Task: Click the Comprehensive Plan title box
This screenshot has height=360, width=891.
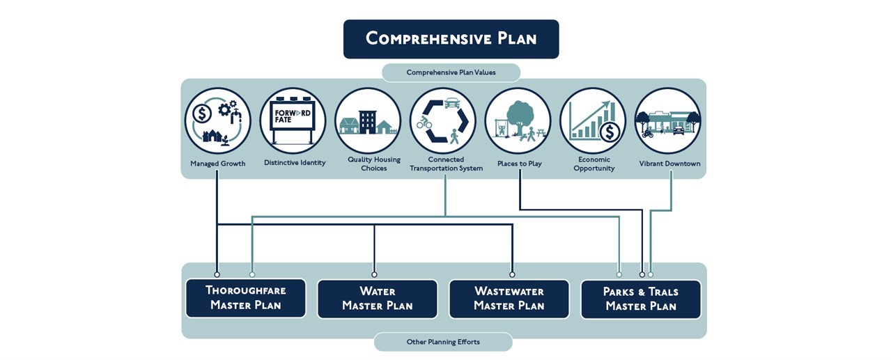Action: pyautogui.click(x=451, y=39)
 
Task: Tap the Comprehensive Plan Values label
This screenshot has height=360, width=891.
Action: pyautogui.click(x=451, y=72)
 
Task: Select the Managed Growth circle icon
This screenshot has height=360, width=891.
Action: pyautogui.click(x=217, y=120)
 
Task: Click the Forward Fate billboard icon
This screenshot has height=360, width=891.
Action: pyautogui.click(x=293, y=120)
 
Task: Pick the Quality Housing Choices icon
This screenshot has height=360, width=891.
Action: pyautogui.click(x=368, y=120)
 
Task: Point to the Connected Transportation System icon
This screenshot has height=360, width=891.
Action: pyautogui.click(x=443, y=120)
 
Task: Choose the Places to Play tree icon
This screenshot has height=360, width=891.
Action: pyautogui.click(x=518, y=120)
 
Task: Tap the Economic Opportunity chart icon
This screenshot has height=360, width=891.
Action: pyautogui.click(x=593, y=120)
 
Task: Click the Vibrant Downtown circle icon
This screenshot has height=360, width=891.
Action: pyautogui.click(x=668, y=120)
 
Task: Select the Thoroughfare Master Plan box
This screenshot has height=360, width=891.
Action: pyautogui.click(x=245, y=298)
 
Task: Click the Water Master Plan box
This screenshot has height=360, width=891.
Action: pyautogui.click(x=377, y=299)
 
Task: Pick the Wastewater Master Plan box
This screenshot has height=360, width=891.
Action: pyautogui.click(x=509, y=299)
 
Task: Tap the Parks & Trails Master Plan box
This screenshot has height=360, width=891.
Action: pyautogui.click(x=640, y=299)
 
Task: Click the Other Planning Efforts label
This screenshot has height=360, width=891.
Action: pyautogui.click(x=443, y=342)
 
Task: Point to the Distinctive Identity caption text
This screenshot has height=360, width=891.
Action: pyautogui.click(x=295, y=163)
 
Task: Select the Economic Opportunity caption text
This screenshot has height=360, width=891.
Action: pyautogui.click(x=594, y=164)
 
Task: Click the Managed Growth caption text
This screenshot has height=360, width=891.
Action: pyautogui.click(x=217, y=164)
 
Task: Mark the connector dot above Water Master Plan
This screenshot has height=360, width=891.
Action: pyautogui.click(x=374, y=274)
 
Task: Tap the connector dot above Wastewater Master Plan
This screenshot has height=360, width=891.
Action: pyautogui.click(x=512, y=274)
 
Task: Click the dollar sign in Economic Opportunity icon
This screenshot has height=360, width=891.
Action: pyautogui.click(x=610, y=131)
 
